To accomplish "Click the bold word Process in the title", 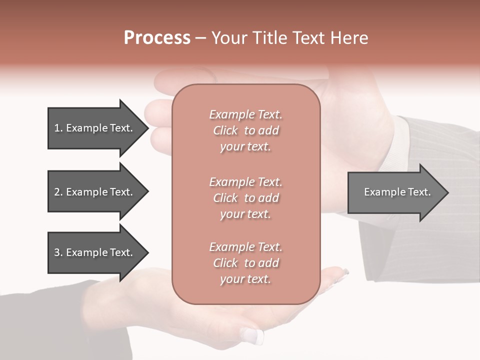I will pos(157,38).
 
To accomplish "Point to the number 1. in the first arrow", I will pos(58,128).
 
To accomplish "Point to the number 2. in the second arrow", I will pos(58,192).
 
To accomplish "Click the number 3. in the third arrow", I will pos(58,252).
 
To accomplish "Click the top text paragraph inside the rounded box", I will pos(245,130).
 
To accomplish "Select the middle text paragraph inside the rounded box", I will pos(245,198).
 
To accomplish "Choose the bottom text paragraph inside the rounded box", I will pos(245,263).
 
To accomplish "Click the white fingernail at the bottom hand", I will pos(252,335).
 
